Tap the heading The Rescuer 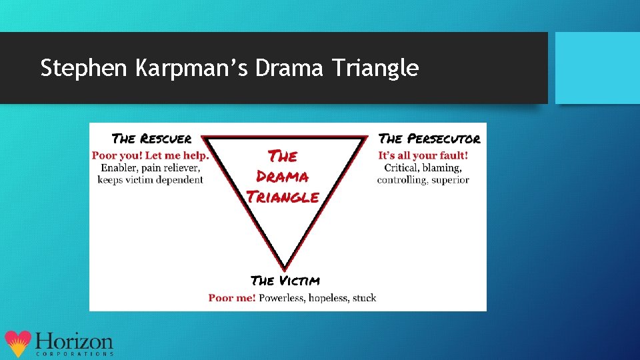tap(152, 139)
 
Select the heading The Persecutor tap(429, 139)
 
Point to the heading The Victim tap(285, 281)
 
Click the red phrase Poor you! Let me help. tap(151, 155)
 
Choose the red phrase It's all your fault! tap(423, 155)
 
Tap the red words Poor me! tap(232, 298)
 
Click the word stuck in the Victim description tap(364, 298)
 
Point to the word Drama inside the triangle tap(283, 177)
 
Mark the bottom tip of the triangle tap(285, 267)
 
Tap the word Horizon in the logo tap(74, 341)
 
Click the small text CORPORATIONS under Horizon tap(74, 354)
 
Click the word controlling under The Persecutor tap(401, 179)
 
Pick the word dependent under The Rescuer tap(179, 179)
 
